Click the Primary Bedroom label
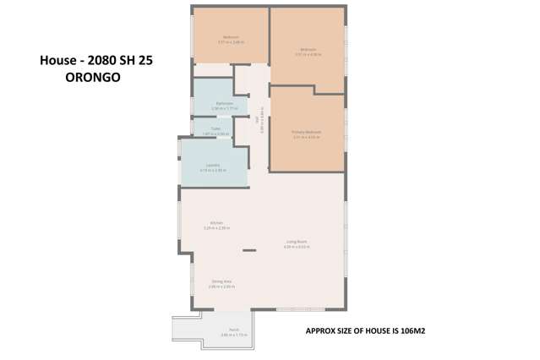point(308,134)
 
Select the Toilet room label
point(215,129)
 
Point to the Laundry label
point(214,166)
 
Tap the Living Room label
point(296,242)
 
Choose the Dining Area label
point(221,281)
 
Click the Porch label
point(234,330)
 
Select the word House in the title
point(58,61)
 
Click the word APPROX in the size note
point(319,330)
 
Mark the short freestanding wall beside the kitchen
point(249,250)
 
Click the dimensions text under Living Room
point(296,247)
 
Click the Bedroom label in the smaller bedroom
point(230,37)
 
